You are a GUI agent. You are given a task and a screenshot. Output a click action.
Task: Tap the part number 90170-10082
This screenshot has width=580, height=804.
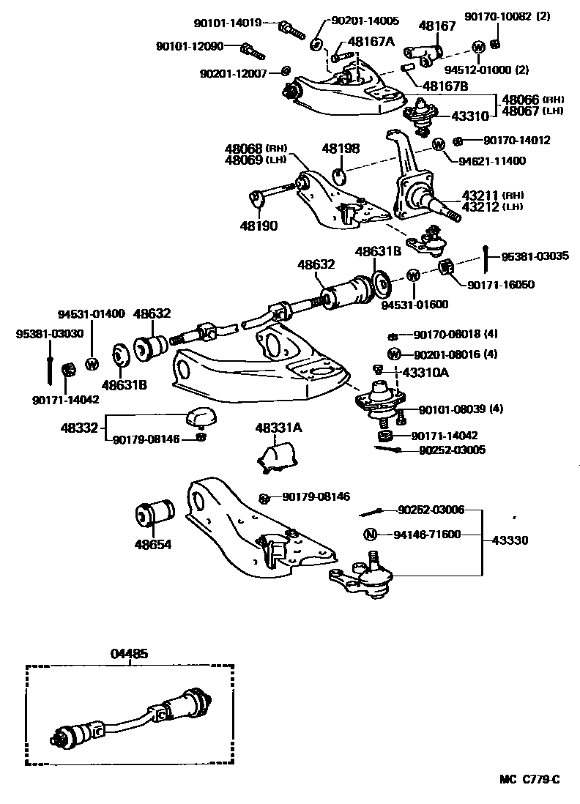tap(494, 16)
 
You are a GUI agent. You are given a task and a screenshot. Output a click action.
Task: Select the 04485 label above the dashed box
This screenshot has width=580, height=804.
tap(130, 654)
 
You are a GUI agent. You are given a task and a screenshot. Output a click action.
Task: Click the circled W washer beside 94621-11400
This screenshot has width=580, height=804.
tap(439, 144)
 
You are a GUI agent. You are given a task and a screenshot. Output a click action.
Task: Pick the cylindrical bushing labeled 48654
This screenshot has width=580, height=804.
tap(155, 514)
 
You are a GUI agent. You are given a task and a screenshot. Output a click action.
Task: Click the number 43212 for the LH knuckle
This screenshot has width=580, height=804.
tap(480, 206)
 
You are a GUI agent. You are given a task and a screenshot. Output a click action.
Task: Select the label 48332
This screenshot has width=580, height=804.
tap(79, 426)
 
